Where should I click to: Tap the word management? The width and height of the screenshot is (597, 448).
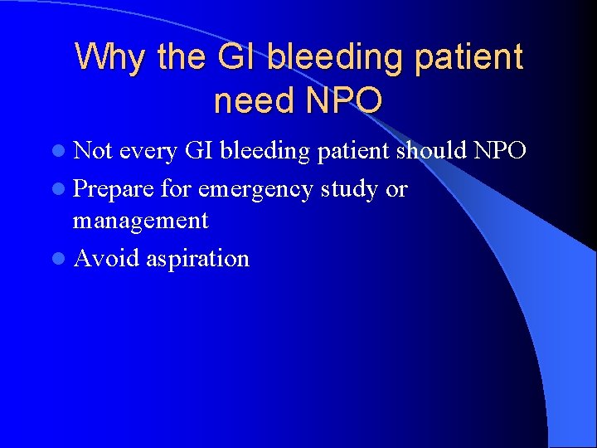(140, 221)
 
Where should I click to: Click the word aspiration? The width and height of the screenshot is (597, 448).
(197, 258)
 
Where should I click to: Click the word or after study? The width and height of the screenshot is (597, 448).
(396, 189)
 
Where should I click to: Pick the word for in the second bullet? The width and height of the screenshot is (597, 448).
(176, 189)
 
